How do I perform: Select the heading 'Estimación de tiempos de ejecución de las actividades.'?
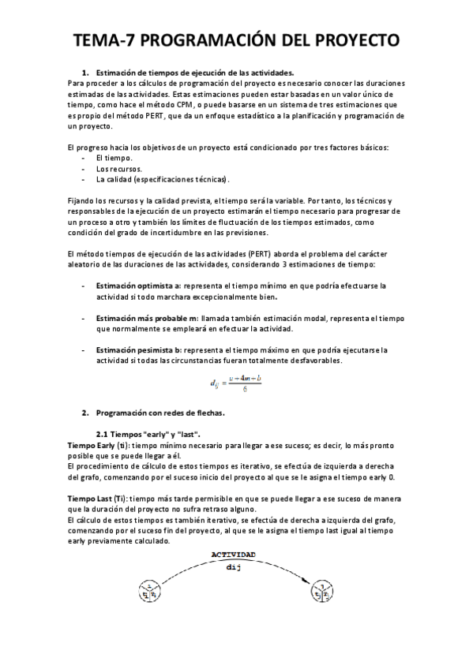(194, 72)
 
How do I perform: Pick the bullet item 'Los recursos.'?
(119, 169)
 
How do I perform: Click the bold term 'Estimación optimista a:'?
(138, 285)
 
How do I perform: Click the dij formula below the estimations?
(235, 384)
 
